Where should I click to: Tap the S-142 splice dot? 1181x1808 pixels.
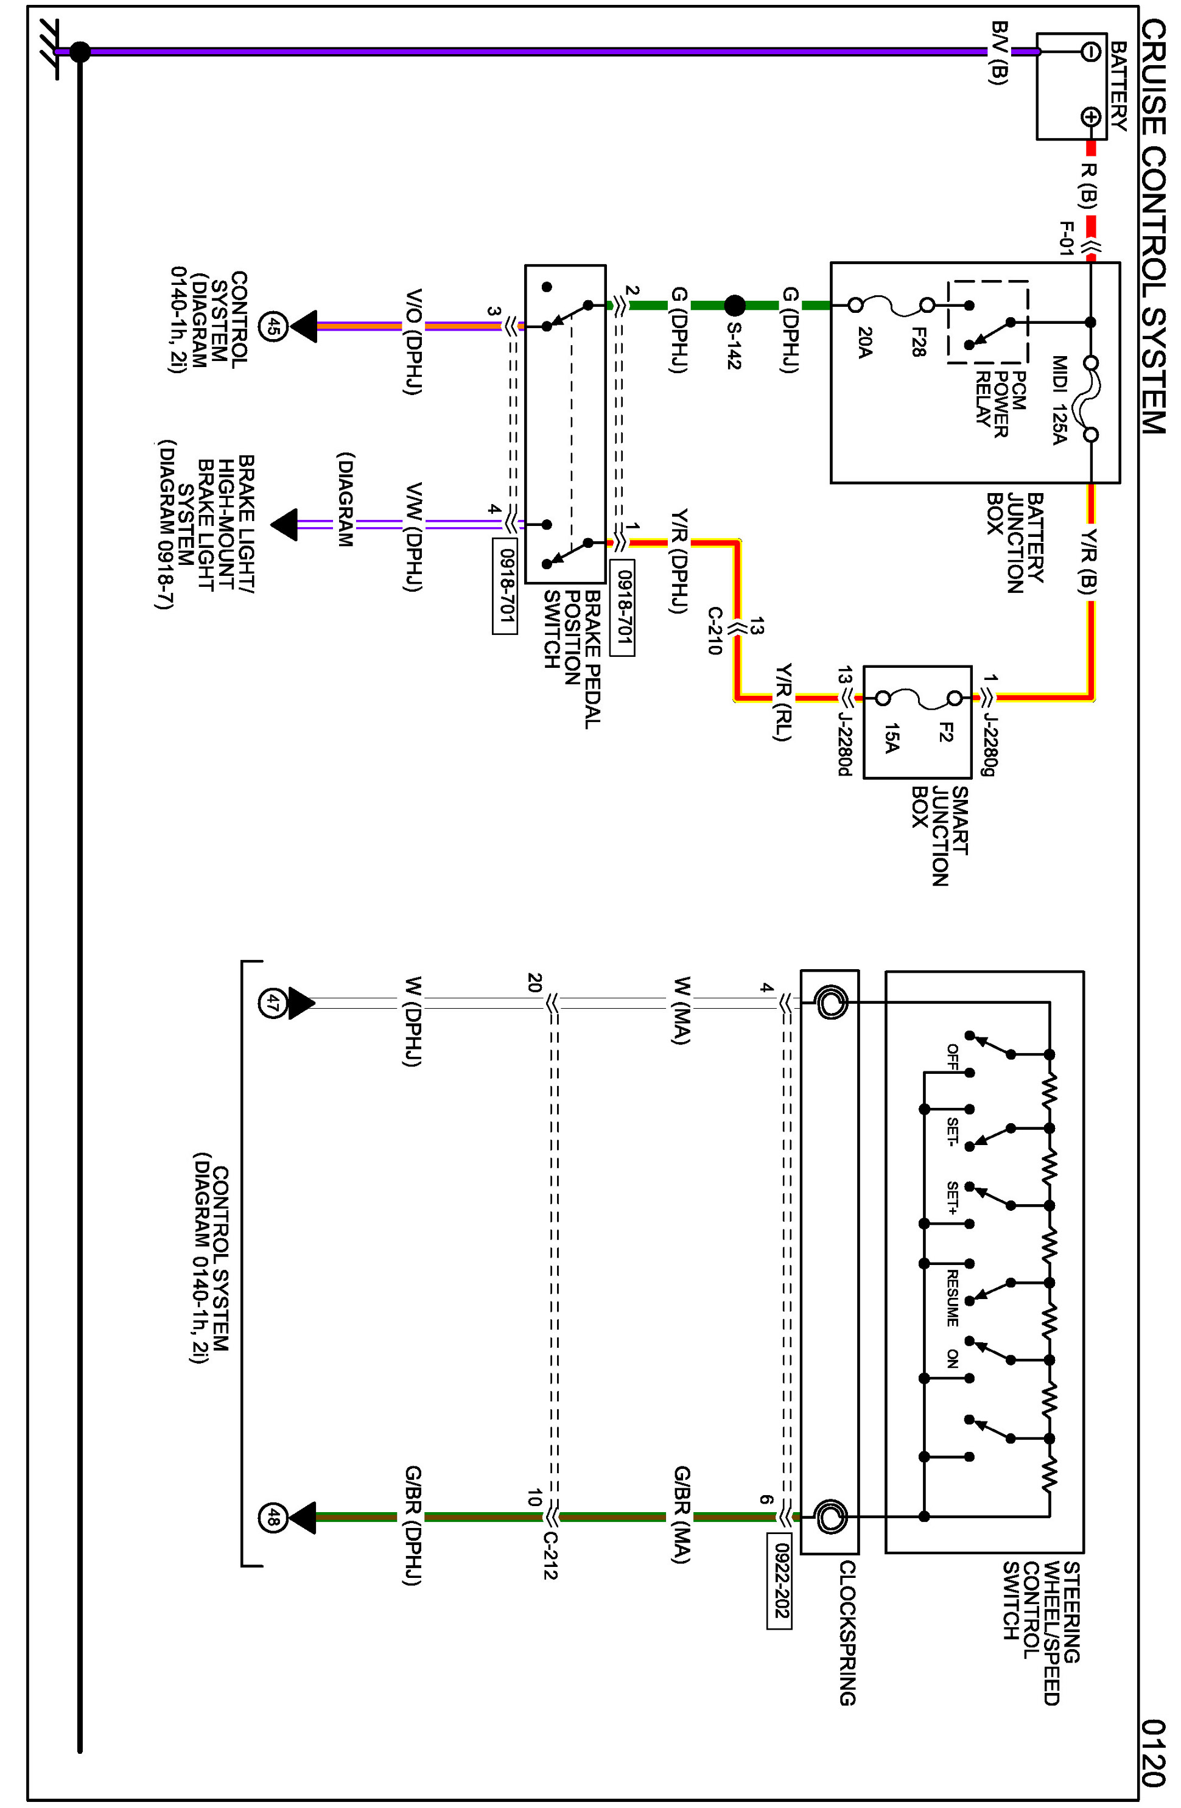coord(734,306)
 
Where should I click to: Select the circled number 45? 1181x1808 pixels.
coord(273,327)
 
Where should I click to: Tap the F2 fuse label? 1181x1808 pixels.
coord(944,732)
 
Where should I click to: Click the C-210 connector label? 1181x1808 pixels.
coord(715,631)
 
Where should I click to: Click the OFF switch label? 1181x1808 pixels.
coord(951,1057)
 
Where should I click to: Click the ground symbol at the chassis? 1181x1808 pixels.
coord(53,52)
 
